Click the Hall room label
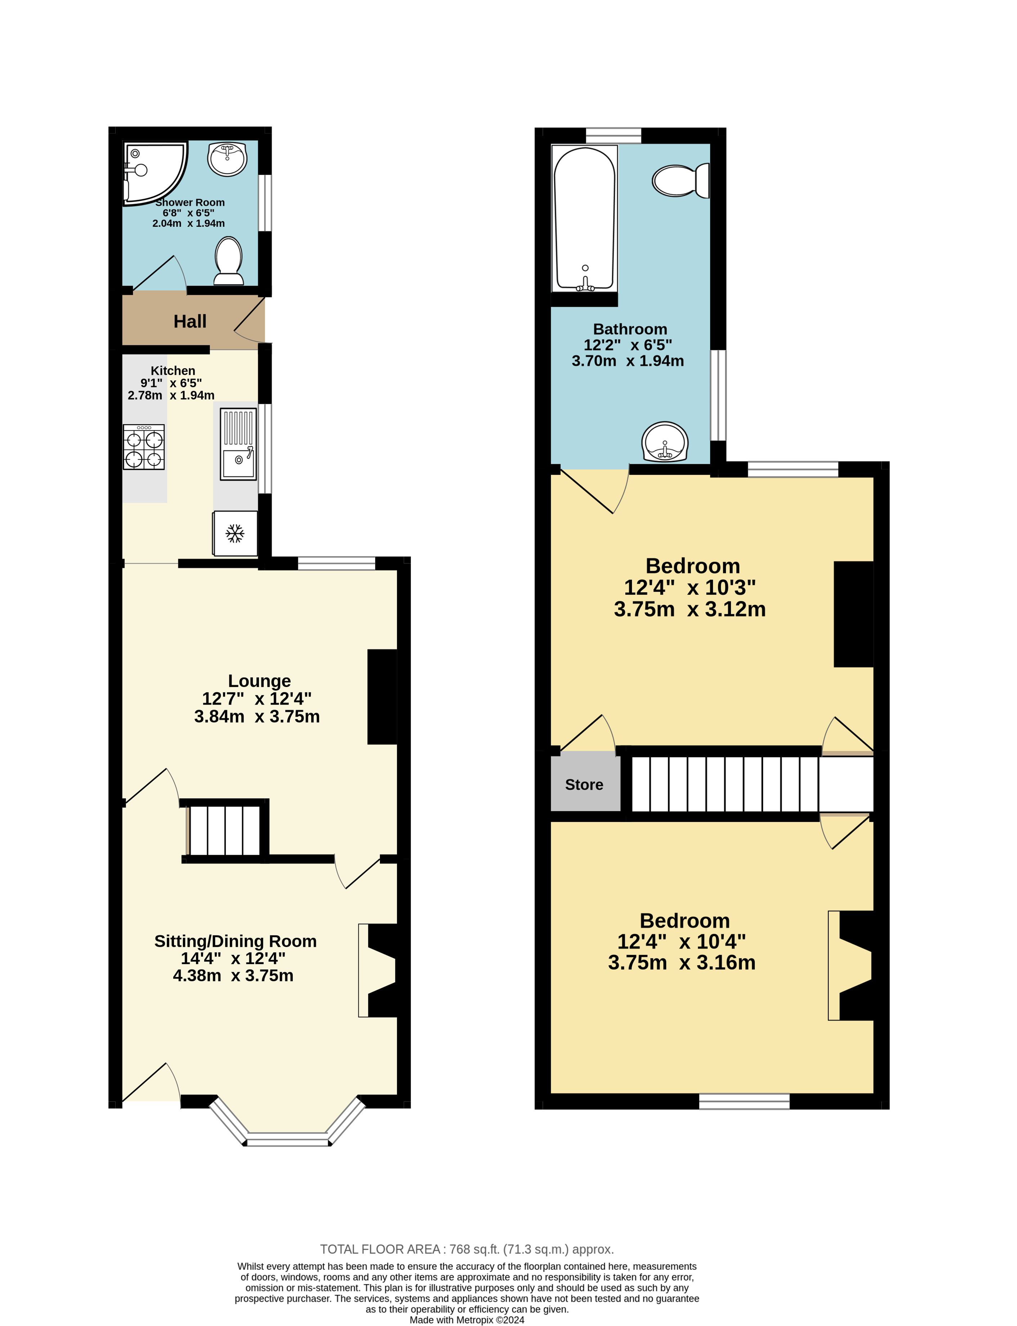pyautogui.click(x=190, y=322)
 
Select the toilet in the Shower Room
pyautogui.click(x=228, y=260)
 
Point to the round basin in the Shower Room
pyautogui.click(x=227, y=158)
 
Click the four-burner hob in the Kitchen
pyautogui.click(x=144, y=447)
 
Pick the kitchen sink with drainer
pyautogui.click(x=238, y=444)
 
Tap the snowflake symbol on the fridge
pyautogui.click(x=235, y=533)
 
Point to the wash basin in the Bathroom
pyautogui.click(x=665, y=441)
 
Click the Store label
pyautogui.click(x=584, y=785)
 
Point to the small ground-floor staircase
pyautogui.click(x=225, y=830)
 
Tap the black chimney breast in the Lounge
pyautogui.click(x=382, y=697)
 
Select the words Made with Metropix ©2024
pyautogui.click(x=467, y=1320)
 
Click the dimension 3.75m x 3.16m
pyautogui.click(x=682, y=962)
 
